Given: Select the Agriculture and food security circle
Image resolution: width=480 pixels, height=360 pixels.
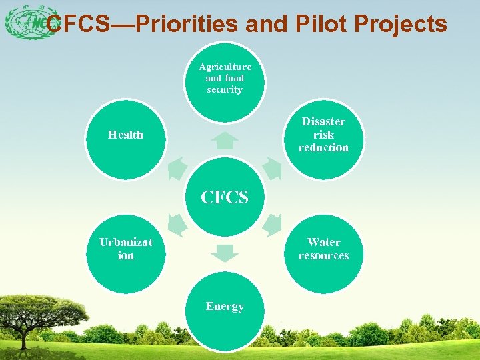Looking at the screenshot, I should (225, 81).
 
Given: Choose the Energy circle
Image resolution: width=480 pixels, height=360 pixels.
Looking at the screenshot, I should (225, 311).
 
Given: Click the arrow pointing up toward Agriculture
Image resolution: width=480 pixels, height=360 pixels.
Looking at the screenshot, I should (226, 141).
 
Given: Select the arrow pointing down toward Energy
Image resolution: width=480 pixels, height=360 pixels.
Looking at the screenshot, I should (226, 253).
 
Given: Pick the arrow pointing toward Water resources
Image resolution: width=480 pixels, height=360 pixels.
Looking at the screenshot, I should (273, 225).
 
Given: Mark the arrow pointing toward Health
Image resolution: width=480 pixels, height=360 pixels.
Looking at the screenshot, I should (177, 169).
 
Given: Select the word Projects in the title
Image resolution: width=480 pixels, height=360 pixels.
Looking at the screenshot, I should (401, 25).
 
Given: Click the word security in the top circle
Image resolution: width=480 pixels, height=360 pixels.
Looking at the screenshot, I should (225, 89).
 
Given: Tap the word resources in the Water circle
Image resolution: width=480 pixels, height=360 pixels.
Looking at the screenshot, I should (323, 255).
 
